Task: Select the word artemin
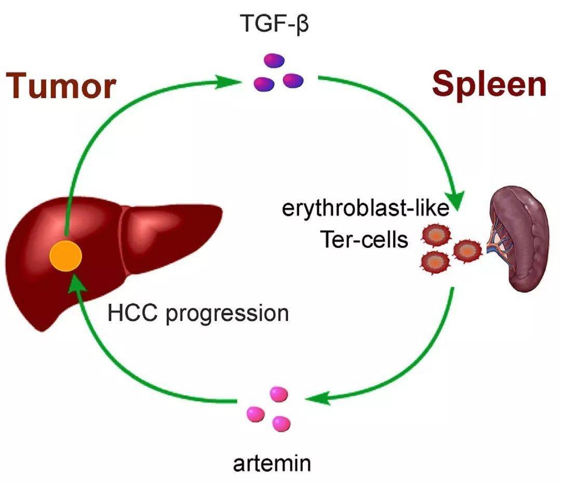coord(272,462)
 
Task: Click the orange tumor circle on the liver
coord(65,256)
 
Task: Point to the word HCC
coord(133,313)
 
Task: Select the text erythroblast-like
coord(365,209)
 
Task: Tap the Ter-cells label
coord(364,239)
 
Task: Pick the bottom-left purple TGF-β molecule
coord(263,83)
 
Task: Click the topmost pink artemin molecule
coord(278,393)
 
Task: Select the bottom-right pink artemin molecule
coord(282,423)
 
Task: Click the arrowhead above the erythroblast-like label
coord(455,198)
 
